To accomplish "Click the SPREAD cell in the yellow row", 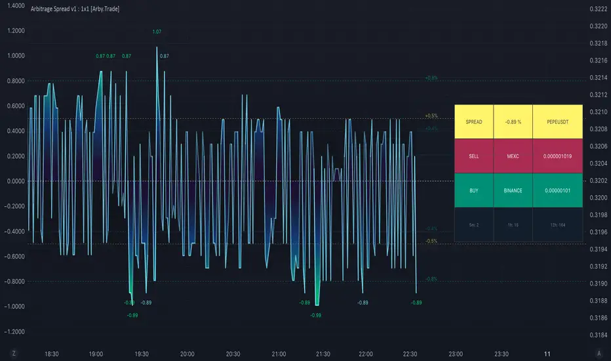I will tap(473, 122).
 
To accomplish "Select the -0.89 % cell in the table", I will tap(513, 122).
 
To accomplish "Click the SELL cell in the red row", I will tap(473, 156).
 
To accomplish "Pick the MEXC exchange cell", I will tap(513, 156).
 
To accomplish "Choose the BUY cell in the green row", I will tap(473, 190).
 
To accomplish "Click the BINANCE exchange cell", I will tap(513, 190).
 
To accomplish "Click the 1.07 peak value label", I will tap(157, 32).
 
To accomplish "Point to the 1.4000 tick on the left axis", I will tap(16, 5).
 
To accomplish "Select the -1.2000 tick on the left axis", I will tap(16, 331).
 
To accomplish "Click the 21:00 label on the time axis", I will tap(277, 353).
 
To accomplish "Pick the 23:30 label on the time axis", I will tap(501, 353).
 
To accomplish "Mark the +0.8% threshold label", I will tap(431, 77).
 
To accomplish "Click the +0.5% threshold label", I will tap(431, 116).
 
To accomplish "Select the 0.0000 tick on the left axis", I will tap(16, 180).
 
